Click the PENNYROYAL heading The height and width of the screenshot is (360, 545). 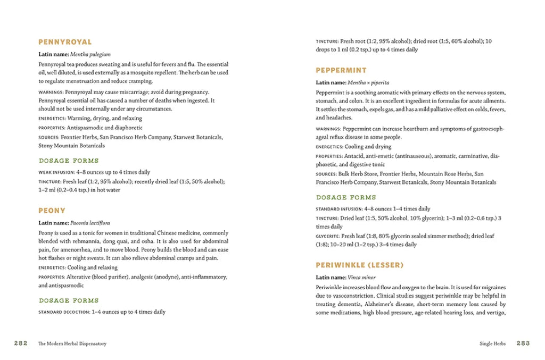tap(65, 42)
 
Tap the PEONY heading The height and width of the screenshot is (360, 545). tap(52, 211)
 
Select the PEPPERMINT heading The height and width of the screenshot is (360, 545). tap(341, 70)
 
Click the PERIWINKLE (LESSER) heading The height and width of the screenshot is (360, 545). tap(359, 265)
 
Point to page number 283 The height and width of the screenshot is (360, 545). tap(523, 344)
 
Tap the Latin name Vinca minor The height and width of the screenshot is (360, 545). tap(361, 277)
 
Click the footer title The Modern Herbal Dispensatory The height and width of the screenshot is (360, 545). tap(72, 344)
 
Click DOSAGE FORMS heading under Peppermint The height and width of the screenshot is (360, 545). tap(345, 197)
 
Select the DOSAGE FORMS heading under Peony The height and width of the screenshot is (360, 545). tap(69, 300)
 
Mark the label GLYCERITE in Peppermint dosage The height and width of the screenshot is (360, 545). tap(327, 236)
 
